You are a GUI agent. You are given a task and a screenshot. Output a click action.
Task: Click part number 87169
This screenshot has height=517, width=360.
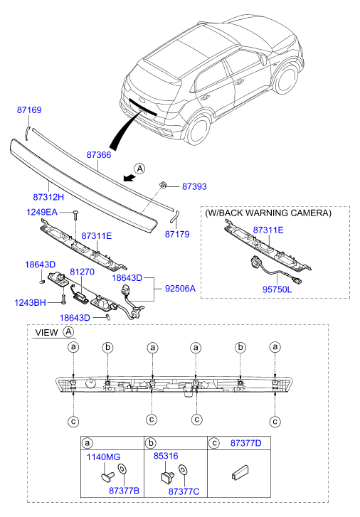29,110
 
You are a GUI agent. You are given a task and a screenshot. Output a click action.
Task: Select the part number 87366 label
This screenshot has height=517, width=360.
99,154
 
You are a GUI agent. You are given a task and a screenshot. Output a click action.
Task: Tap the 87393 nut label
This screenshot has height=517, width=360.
195,186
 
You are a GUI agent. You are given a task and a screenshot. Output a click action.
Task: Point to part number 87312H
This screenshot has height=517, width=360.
48,197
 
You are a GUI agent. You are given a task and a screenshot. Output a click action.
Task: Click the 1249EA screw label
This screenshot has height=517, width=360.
42,212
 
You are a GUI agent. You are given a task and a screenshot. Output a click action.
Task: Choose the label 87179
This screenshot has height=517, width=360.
177,234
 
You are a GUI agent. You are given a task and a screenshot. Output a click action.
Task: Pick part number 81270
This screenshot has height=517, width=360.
82,272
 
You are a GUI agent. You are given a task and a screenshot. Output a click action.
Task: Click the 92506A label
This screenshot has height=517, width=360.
180,289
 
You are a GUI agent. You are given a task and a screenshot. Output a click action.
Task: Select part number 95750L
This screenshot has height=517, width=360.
277,289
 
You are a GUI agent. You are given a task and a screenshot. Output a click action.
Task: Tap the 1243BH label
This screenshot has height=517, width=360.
30,302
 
